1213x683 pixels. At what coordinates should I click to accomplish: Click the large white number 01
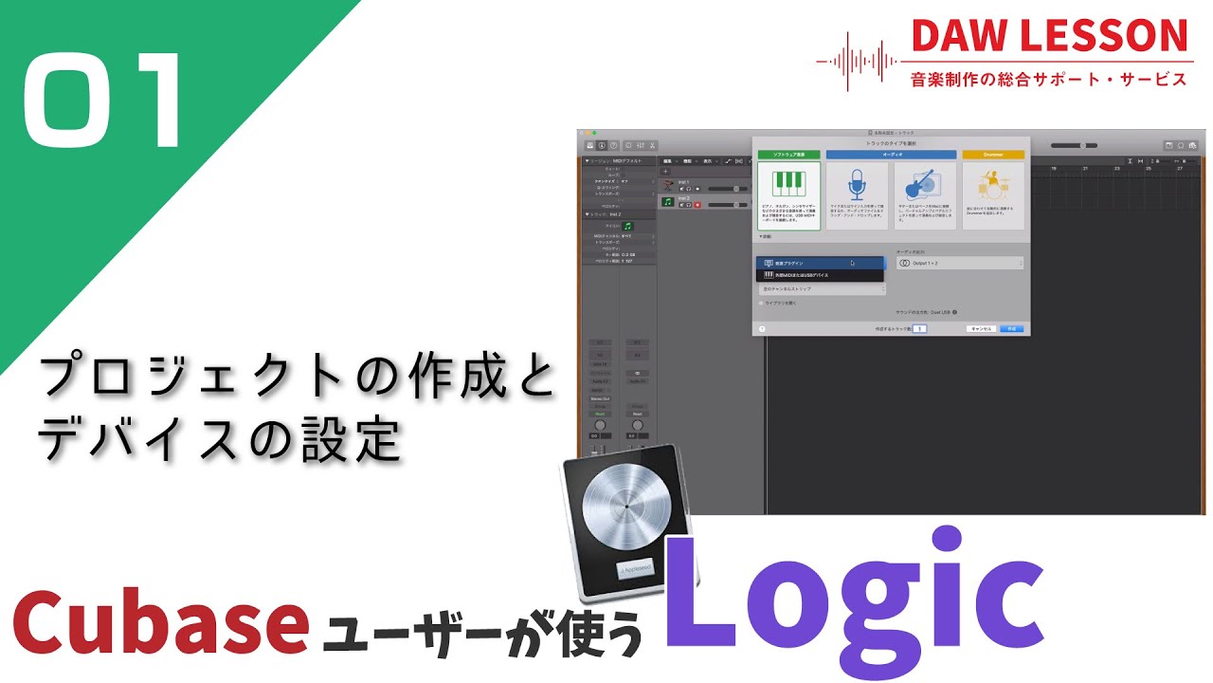[x=101, y=102]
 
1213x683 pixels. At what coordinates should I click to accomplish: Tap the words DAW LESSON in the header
[x=1049, y=36]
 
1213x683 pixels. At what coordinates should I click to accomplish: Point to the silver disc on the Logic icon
[x=624, y=512]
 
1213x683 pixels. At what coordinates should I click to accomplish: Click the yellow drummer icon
[x=993, y=181]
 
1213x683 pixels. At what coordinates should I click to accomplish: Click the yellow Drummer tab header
[x=993, y=154]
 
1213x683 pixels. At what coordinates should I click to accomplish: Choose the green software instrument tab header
[x=788, y=154]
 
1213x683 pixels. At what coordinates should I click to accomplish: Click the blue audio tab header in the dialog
[x=891, y=154]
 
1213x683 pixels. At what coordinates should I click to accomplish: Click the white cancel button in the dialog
[x=981, y=328]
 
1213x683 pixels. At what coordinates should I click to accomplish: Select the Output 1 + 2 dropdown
[x=959, y=263]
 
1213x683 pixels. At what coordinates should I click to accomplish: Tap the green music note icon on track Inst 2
[x=668, y=202]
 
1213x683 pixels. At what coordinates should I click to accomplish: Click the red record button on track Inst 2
[x=698, y=205]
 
